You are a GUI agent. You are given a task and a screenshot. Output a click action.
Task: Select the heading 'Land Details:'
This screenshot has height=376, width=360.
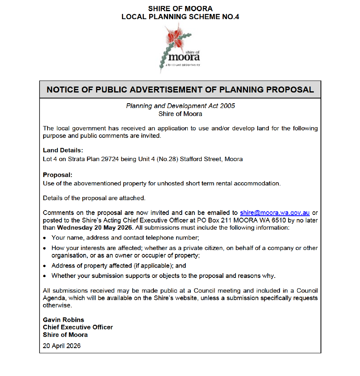(x=63, y=150)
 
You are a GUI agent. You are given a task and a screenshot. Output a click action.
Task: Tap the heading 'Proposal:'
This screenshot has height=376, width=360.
(x=58, y=175)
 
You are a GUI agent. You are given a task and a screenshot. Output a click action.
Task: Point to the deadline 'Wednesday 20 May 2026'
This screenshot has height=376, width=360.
(x=94, y=228)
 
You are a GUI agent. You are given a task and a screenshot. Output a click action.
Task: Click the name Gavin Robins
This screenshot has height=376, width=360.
(x=63, y=320)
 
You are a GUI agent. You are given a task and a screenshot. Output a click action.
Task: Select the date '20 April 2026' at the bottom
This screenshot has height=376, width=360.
(x=62, y=346)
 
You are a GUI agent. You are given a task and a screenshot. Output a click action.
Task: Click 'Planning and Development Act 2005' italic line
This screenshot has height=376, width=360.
(x=180, y=106)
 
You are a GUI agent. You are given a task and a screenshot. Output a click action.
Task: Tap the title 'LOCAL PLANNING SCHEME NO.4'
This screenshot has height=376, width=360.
(x=180, y=17)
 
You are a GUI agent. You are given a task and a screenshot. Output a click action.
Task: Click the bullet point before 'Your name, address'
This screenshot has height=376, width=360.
(x=45, y=238)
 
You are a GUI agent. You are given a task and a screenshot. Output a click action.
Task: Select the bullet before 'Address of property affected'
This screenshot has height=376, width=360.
(x=45, y=266)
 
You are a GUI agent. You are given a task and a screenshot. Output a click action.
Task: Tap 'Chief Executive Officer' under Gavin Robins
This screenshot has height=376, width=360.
(x=78, y=327)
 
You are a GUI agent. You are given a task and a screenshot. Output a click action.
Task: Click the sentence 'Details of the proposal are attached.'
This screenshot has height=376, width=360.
(x=94, y=198)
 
